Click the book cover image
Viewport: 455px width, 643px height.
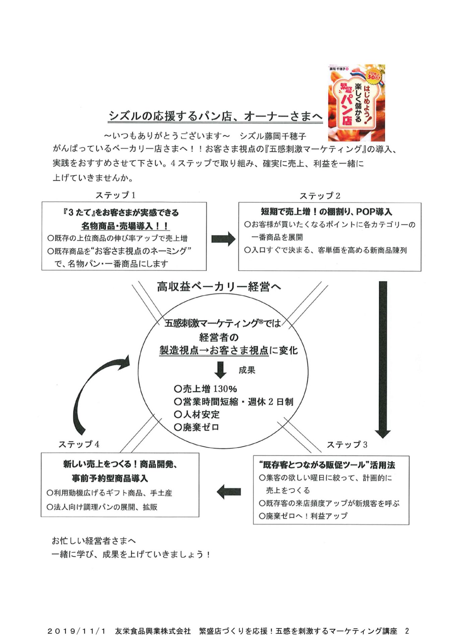tap(356, 102)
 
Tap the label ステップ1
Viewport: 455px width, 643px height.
tap(115, 195)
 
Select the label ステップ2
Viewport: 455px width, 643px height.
tap(320, 196)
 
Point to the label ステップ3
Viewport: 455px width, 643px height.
tap(347, 444)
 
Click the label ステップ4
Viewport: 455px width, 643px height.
tap(79, 444)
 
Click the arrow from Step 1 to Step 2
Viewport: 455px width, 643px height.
tap(223, 239)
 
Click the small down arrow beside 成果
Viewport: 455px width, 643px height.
tap(220, 370)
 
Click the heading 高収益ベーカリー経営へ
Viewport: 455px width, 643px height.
tap(219, 287)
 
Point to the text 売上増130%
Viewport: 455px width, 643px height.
tap(205, 389)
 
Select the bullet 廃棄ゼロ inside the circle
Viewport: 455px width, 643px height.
tap(197, 427)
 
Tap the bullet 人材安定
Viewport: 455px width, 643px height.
tap(197, 414)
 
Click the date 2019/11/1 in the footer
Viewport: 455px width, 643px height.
tap(76, 631)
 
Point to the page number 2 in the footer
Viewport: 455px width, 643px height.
tap(407, 631)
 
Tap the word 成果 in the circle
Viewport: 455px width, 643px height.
tap(247, 370)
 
